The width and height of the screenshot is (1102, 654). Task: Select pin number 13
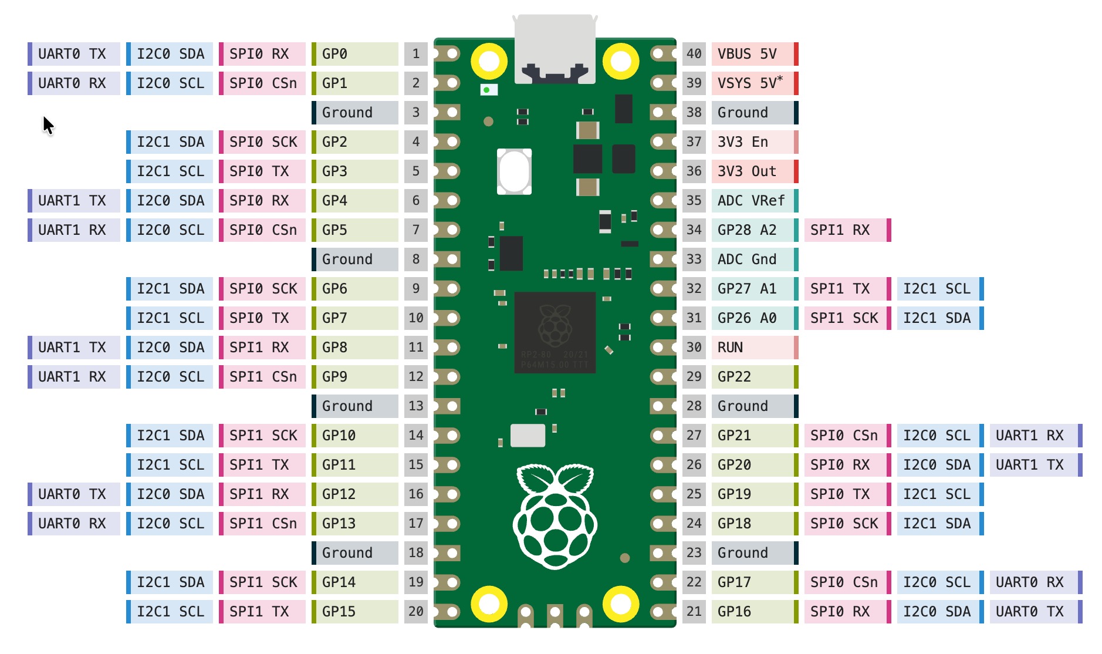click(x=415, y=406)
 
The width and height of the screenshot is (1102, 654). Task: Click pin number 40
click(x=694, y=54)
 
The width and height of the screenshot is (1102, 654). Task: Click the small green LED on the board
click(x=487, y=90)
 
